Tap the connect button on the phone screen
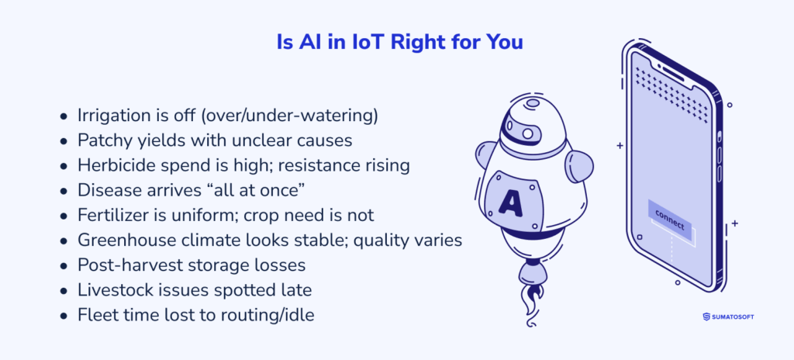[x=669, y=216]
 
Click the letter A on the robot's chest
[x=511, y=202]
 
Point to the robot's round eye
[x=528, y=134]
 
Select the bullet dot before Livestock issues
[x=64, y=291]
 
